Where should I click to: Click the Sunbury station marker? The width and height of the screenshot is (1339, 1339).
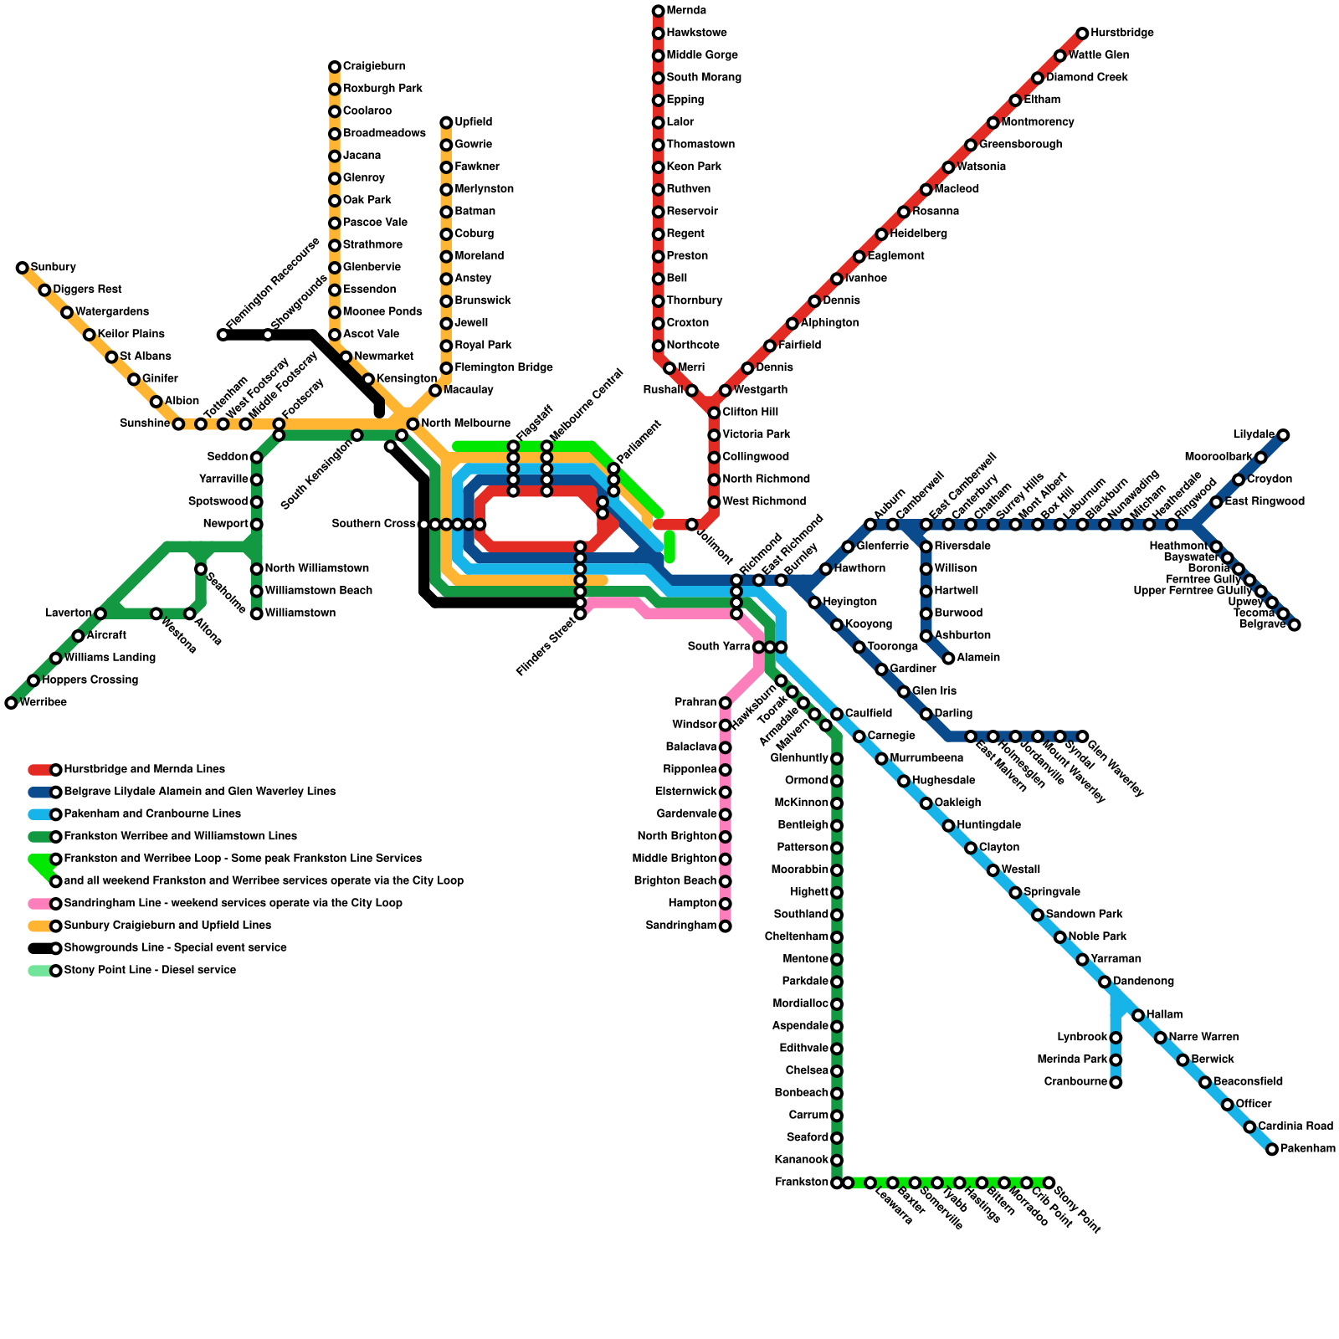coord(23,268)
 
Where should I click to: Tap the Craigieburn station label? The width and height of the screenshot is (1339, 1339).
coord(374,67)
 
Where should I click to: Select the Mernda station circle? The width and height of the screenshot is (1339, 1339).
coord(659,11)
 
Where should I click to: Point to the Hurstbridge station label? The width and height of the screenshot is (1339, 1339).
coord(1122,33)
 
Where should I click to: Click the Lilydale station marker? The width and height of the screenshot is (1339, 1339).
coord(1283,435)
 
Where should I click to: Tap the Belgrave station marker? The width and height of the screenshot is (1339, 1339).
coord(1294,624)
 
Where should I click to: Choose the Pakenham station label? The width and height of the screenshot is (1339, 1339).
coord(1308,1149)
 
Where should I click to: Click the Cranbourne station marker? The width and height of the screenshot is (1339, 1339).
coord(1116,1082)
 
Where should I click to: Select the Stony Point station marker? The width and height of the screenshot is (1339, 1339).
coord(1049,1183)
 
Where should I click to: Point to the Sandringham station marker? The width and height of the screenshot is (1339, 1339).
coord(726,926)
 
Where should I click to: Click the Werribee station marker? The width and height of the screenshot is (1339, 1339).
coord(11,703)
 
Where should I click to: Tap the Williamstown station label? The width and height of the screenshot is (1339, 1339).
coord(300,613)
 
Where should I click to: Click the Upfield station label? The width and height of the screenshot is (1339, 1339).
coord(474,122)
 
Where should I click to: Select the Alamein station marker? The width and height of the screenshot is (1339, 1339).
coord(948,658)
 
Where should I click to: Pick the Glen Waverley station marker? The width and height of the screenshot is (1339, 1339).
coord(1082,736)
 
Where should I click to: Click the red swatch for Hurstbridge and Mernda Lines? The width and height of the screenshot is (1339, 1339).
coord(39,770)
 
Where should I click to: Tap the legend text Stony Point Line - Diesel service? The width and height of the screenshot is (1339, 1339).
coord(150,971)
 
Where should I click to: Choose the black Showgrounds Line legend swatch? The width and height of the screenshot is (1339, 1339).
coord(39,948)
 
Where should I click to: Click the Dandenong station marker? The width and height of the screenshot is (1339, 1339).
coord(1105,982)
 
